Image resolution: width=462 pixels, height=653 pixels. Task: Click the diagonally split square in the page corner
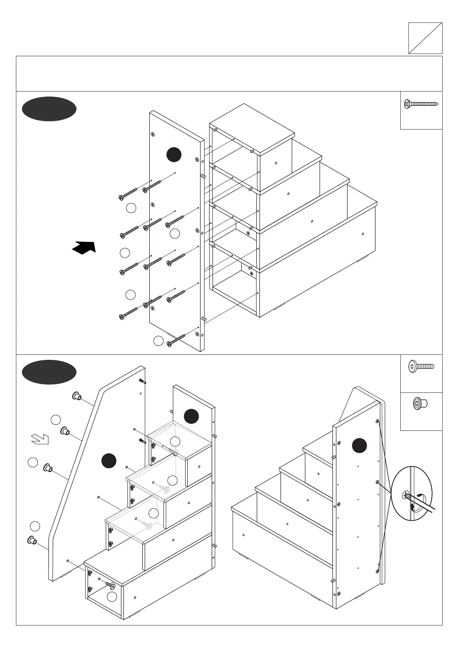click(425, 38)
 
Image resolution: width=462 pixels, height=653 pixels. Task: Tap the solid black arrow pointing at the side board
click(84, 247)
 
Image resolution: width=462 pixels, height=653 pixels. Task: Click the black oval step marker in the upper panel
click(49, 109)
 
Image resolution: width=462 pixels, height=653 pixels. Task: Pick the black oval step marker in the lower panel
click(49, 372)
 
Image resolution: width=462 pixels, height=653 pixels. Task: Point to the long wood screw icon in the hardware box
click(421, 104)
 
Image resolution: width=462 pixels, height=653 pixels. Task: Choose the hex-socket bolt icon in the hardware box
click(421, 366)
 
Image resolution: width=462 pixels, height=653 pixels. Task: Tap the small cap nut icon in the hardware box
click(419, 404)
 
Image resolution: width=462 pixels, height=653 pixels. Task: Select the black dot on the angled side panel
click(109, 461)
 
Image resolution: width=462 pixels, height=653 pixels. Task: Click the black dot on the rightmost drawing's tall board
click(359, 446)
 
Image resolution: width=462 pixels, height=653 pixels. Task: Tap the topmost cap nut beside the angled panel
click(76, 396)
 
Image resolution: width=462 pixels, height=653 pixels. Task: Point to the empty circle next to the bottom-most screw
click(158, 341)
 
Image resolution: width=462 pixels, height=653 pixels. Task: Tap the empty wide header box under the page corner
click(229, 74)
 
